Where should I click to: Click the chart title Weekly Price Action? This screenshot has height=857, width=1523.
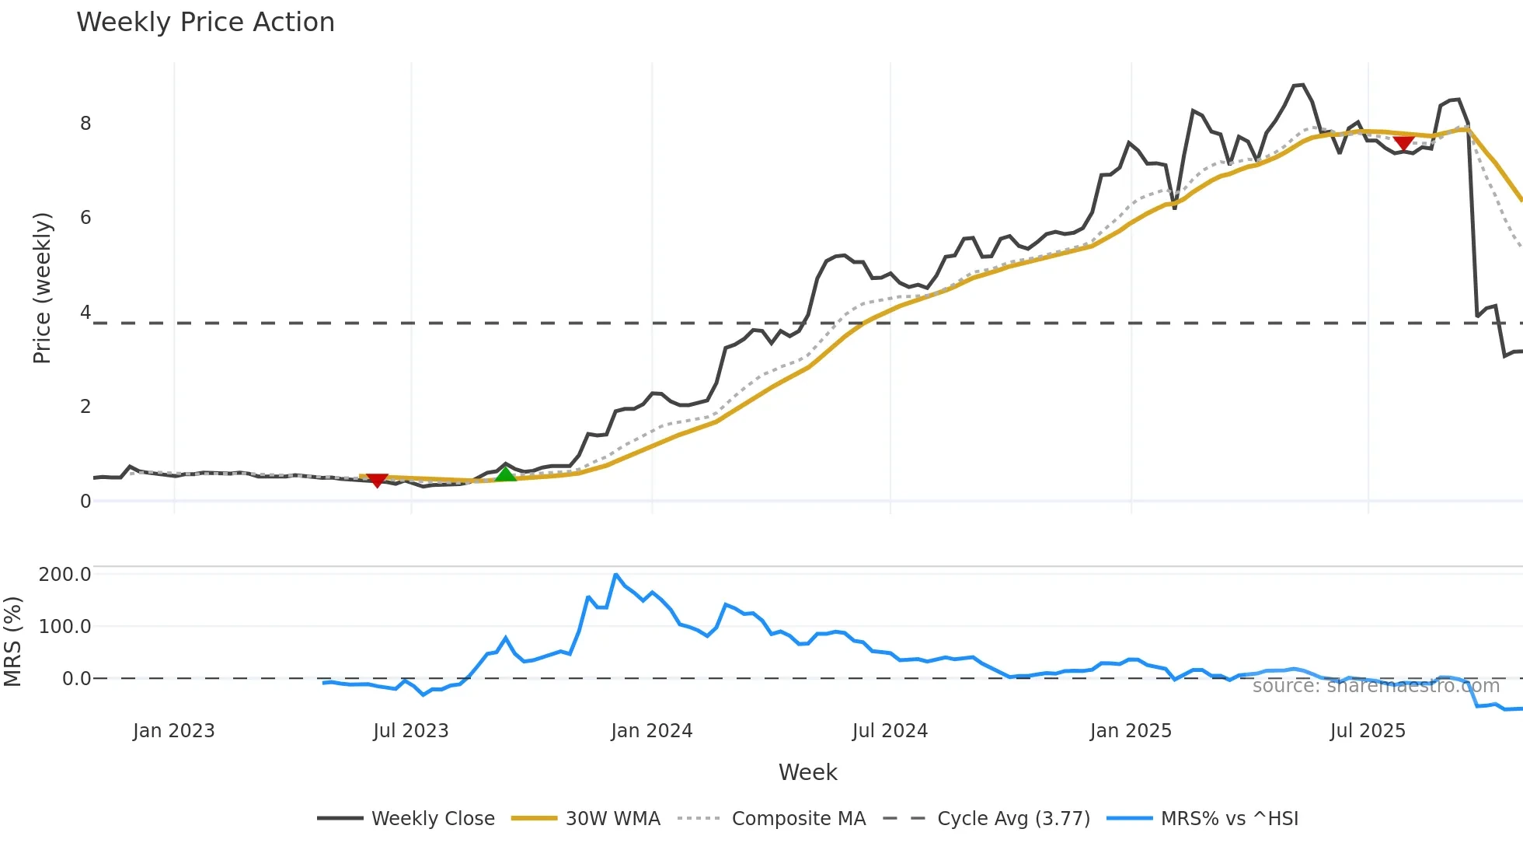[205, 23]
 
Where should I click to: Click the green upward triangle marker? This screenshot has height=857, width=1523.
[505, 474]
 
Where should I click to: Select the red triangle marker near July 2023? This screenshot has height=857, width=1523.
[377, 481]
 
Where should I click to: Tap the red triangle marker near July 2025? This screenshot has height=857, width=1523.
[1403, 143]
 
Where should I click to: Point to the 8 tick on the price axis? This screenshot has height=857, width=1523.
[85, 124]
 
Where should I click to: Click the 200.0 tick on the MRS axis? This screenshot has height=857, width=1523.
[64, 575]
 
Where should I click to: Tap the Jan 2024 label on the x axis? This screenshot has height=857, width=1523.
[651, 731]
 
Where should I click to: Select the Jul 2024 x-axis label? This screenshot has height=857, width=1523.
[890, 731]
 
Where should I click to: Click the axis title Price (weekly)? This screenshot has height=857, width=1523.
[42, 288]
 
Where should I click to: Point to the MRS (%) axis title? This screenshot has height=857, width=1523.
[12, 642]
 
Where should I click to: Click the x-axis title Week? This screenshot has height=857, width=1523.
[807, 772]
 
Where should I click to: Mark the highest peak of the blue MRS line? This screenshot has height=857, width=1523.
[615, 575]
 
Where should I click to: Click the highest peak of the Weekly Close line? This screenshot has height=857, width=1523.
[1303, 85]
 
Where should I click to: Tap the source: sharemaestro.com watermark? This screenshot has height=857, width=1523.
[1375, 686]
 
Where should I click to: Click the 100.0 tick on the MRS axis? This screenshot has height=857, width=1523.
[64, 627]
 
